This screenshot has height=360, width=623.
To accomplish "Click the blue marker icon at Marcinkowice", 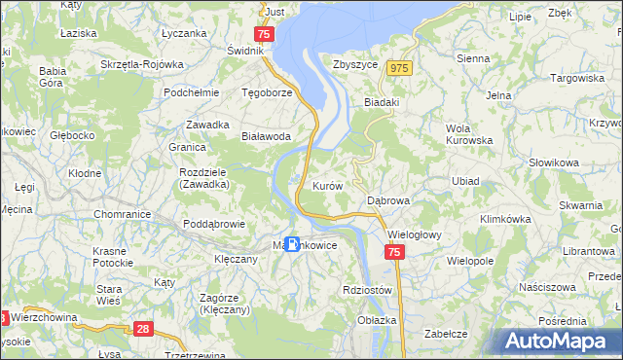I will (x=291, y=244).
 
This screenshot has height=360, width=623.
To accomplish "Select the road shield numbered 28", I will (x=144, y=331).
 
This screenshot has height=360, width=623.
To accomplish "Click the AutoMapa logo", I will (x=558, y=341).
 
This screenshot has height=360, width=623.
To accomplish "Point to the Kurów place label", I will (x=326, y=185).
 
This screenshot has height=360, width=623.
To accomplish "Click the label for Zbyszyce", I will (x=354, y=66).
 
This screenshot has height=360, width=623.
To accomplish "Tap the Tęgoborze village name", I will (x=268, y=92).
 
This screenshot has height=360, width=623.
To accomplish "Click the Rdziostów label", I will (x=367, y=290).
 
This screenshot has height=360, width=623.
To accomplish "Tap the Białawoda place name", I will (x=267, y=137).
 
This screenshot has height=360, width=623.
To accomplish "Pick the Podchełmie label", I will (x=190, y=92).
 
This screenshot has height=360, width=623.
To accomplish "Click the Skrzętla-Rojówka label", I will (x=142, y=64).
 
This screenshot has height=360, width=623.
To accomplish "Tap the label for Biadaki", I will (x=384, y=100).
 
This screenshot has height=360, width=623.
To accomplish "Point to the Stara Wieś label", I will (x=108, y=295).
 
